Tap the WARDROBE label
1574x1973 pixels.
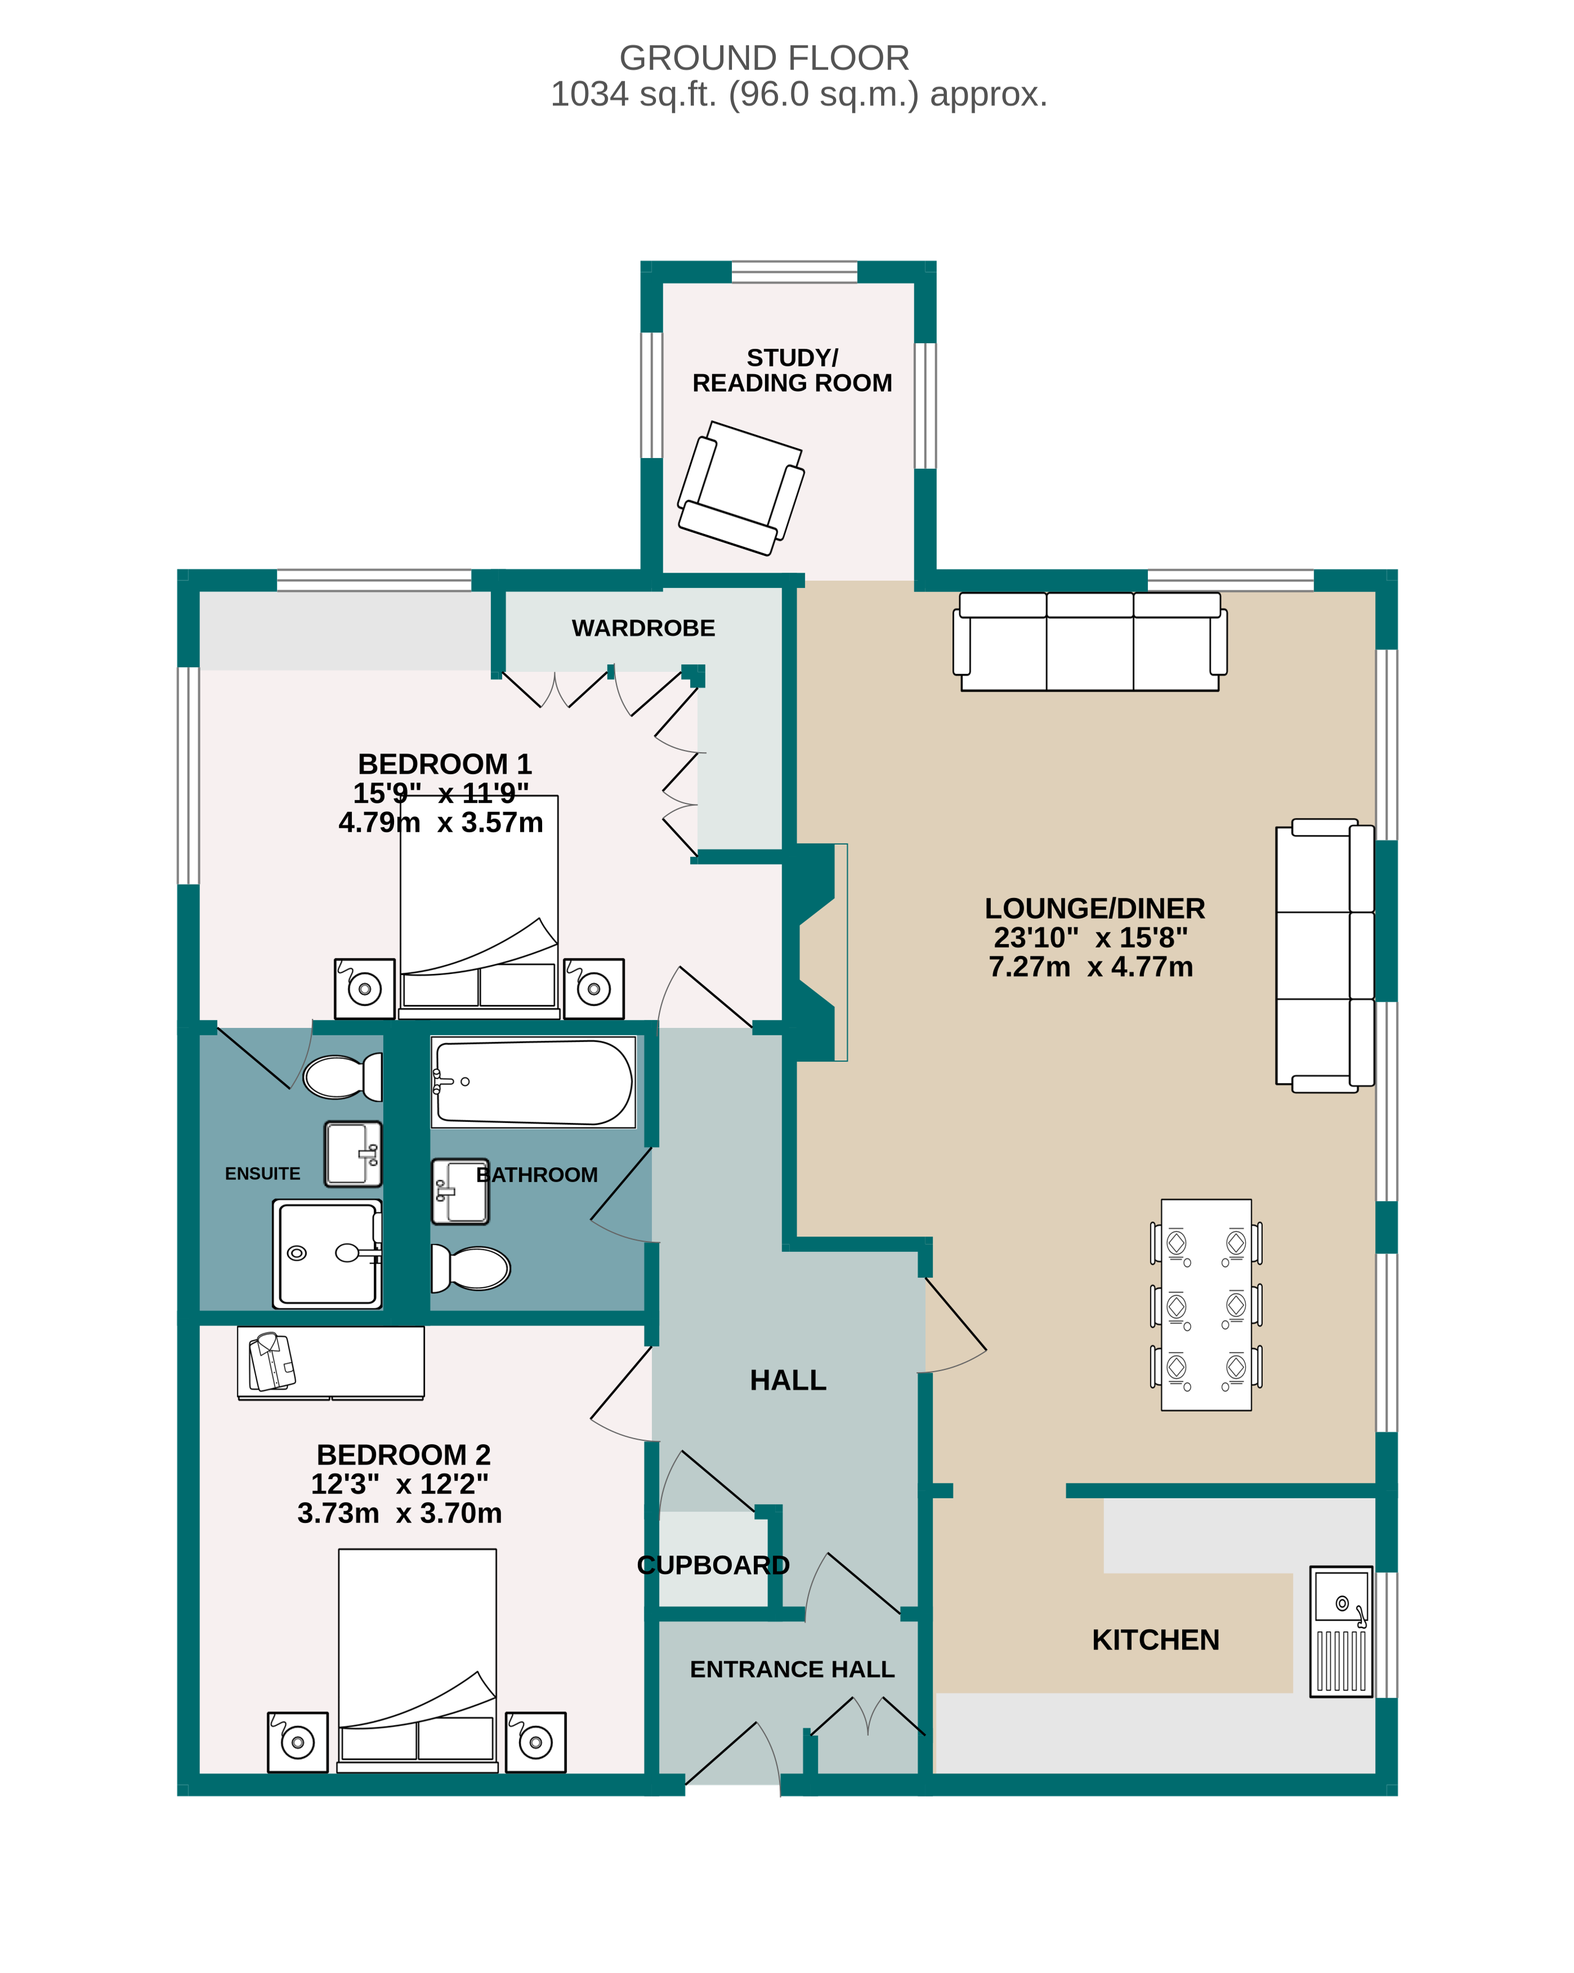[x=643, y=628]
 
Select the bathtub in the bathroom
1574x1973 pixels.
[x=534, y=1082]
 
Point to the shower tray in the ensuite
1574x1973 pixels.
[x=327, y=1253]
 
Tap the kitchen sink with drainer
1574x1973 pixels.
[x=1341, y=1631]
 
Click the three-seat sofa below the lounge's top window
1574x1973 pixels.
[x=1089, y=641]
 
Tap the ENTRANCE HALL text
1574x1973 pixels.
[x=792, y=1669]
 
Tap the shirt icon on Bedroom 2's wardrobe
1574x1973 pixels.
[x=272, y=1361]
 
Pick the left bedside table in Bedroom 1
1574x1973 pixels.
[x=364, y=988]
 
